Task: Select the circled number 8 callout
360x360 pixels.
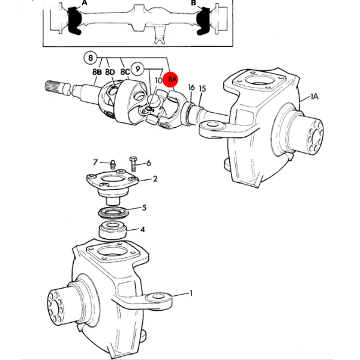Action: tap(91, 58)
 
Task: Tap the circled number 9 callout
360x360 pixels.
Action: tap(137, 68)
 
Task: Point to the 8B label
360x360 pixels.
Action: tap(97, 72)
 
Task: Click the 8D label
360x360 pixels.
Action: tap(110, 72)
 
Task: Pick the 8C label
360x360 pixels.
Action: tap(125, 72)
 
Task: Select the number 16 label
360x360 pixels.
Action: tap(191, 88)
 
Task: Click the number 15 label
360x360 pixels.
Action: tap(202, 89)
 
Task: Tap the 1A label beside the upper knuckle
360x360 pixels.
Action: tap(314, 97)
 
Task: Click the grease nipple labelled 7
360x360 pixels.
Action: tap(112, 164)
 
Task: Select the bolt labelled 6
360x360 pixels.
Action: tap(133, 164)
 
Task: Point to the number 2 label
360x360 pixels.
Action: tap(155, 179)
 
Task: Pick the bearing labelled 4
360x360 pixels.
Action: tap(113, 230)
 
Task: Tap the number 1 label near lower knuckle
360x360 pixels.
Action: tap(191, 293)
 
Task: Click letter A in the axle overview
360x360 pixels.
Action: tap(85, 2)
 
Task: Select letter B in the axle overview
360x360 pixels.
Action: tap(194, 2)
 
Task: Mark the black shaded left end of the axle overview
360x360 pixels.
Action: tap(75, 21)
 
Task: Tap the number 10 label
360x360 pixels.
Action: tap(158, 80)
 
